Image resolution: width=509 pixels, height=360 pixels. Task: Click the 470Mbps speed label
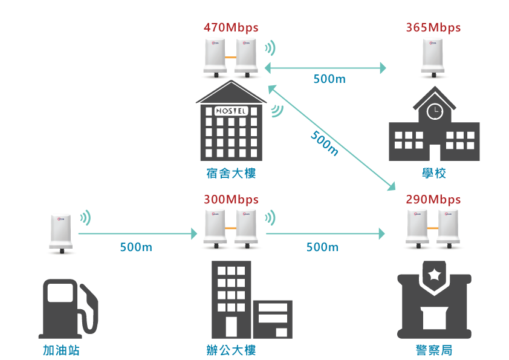click(x=231, y=27)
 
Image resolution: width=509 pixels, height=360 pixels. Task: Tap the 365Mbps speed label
click(x=433, y=27)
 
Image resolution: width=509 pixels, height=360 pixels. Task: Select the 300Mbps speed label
click(x=231, y=200)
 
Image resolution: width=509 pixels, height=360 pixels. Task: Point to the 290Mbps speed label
click(x=433, y=200)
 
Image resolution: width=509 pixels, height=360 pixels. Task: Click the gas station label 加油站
click(x=61, y=350)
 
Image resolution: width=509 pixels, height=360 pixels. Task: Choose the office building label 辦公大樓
click(x=231, y=350)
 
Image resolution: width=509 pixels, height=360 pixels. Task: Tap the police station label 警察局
click(x=434, y=350)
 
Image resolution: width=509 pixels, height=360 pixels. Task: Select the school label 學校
click(x=434, y=174)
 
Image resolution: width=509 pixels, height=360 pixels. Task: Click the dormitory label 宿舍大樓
click(x=231, y=174)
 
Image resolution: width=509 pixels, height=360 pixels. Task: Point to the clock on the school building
click(x=434, y=111)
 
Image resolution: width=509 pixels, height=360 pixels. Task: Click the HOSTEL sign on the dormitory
click(x=231, y=111)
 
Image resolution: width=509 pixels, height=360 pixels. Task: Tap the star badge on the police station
click(x=434, y=275)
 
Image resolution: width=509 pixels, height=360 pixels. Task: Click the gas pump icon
click(x=66, y=309)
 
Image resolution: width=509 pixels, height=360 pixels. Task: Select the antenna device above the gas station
click(x=61, y=233)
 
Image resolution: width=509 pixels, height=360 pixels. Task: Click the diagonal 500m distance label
click(x=325, y=143)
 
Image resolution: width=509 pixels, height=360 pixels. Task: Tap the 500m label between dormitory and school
click(x=329, y=79)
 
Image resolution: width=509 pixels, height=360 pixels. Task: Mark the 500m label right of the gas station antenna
click(x=136, y=247)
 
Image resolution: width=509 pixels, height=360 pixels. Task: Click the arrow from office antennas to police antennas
click(x=325, y=233)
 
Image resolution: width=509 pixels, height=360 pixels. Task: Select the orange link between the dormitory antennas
click(x=230, y=56)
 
